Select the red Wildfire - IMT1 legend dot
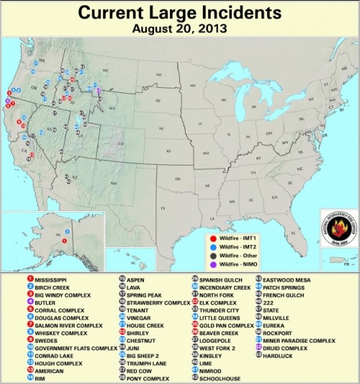[215, 237]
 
